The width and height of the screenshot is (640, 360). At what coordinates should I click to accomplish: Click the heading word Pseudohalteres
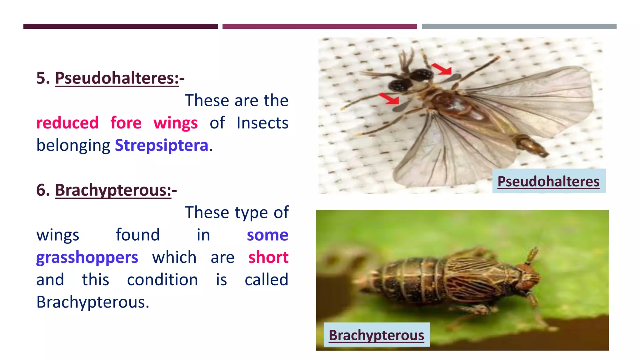pyautogui.click(x=117, y=78)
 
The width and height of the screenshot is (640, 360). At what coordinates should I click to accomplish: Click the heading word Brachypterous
pyautogui.click(x=113, y=190)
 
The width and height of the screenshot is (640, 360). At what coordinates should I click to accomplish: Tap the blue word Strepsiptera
pyautogui.click(x=162, y=145)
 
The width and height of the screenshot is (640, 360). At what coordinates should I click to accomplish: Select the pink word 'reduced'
pyautogui.click(x=67, y=123)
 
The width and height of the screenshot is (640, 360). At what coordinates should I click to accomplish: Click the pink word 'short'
pyautogui.click(x=268, y=257)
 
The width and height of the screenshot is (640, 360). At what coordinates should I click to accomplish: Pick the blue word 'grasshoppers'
pyautogui.click(x=87, y=257)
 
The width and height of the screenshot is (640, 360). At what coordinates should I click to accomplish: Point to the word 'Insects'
pyautogui.click(x=262, y=123)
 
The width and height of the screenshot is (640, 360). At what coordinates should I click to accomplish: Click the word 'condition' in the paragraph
pyautogui.click(x=162, y=280)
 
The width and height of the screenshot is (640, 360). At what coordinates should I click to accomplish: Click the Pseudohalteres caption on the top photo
pyautogui.click(x=548, y=181)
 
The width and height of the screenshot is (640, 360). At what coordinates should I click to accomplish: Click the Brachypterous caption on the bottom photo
pyautogui.click(x=376, y=335)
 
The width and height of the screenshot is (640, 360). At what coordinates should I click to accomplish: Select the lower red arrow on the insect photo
pyautogui.click(x=389, y=98)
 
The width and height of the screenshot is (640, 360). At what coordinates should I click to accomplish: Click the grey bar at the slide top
pyautogui.click(x=519, y=27)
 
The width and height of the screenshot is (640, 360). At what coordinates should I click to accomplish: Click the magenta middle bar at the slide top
pyautogui.click(x=319, y=27)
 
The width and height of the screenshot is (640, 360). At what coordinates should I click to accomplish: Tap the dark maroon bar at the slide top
pyautogui.click(x=120, y=27)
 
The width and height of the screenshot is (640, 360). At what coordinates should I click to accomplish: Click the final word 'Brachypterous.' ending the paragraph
pyautogui.click(x=93, y=302)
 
